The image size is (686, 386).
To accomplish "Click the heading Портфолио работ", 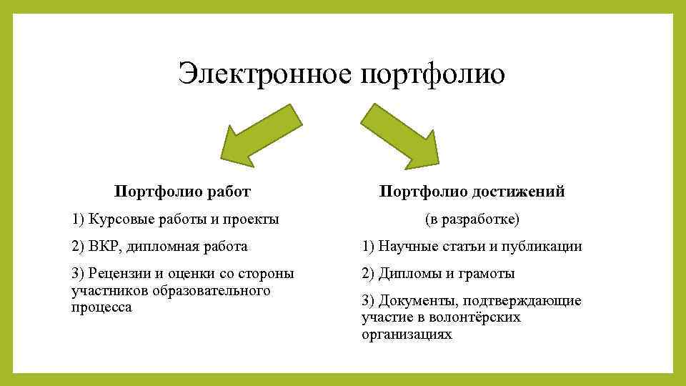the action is point(183,192).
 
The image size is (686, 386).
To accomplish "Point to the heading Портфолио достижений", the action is point(472,192).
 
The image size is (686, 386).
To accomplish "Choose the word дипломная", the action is point(166,247).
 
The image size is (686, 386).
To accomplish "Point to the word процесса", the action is point(101,307).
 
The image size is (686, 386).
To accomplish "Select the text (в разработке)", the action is point(472,219).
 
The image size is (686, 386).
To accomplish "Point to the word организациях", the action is point(407,334).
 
